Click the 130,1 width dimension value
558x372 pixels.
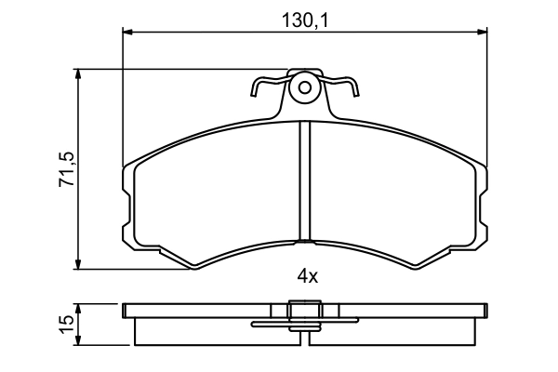(305, 20)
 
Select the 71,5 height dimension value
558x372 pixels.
(67, 168)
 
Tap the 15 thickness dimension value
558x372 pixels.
(67, 325)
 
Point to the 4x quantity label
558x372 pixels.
(308, 276)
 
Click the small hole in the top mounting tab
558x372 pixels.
(305, 87)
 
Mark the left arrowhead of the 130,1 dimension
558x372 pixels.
(127, 33)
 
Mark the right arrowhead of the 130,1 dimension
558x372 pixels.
(482, 33)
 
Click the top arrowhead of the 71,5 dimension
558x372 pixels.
(78, 74)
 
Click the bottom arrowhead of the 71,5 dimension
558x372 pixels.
(78, 264)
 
